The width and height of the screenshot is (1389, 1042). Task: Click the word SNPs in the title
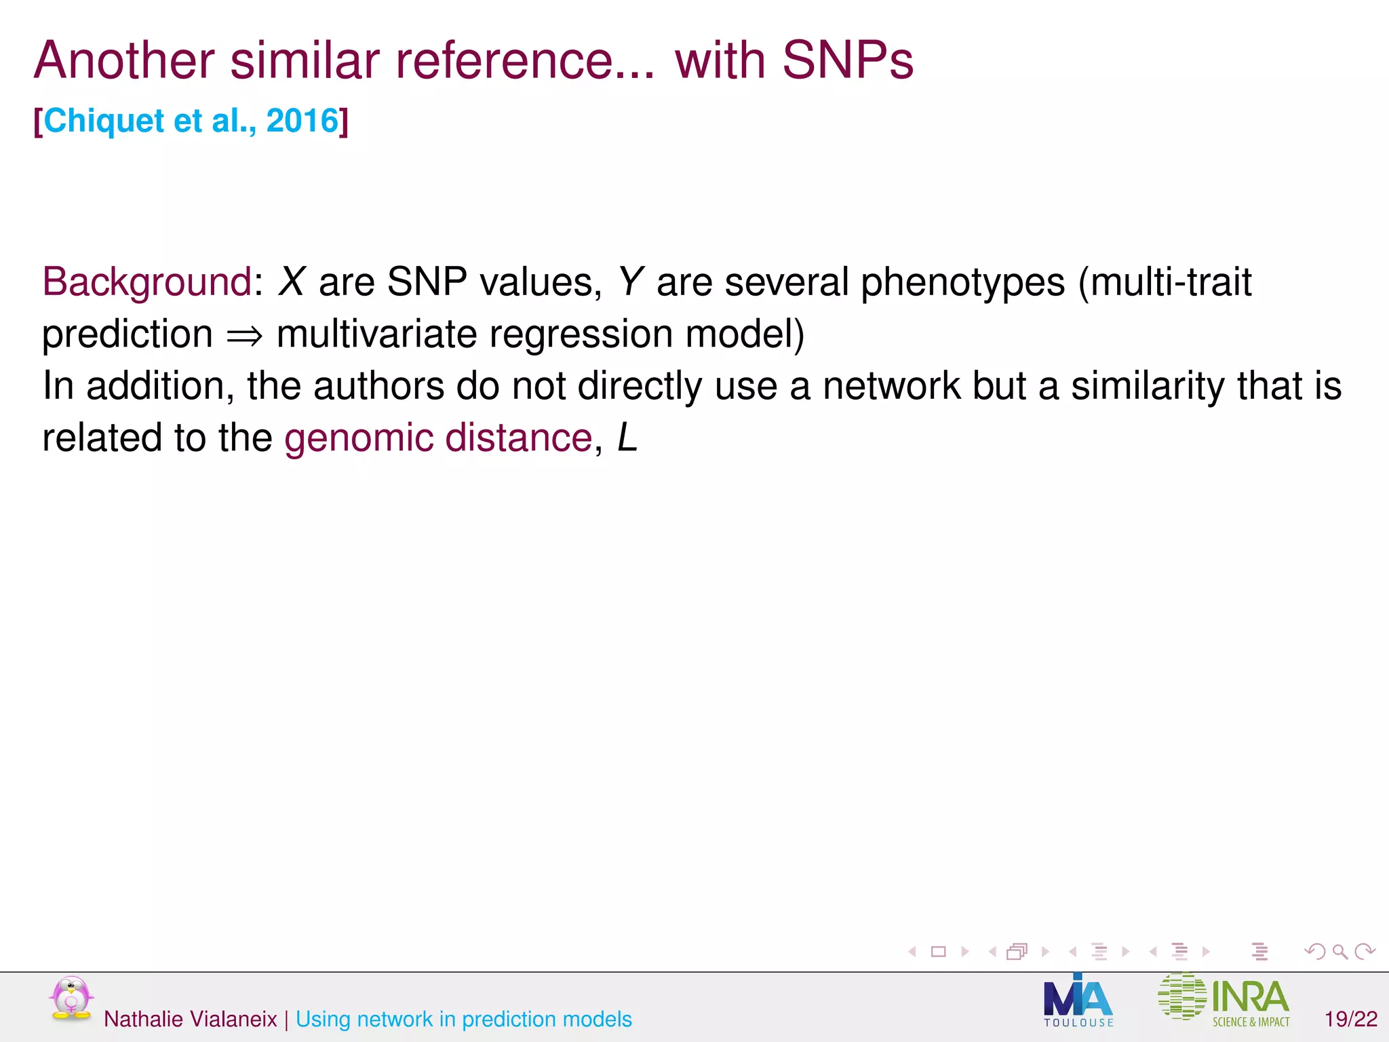point(848,60)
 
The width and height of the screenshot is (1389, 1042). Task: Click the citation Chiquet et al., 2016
point(191,121)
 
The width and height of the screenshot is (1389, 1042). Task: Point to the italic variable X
point(292,282)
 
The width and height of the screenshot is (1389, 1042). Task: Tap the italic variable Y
point(630,282)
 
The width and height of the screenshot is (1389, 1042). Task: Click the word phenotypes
point(962,283)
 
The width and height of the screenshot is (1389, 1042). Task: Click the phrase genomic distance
point(438,438)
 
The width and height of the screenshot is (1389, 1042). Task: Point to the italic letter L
point(627,438)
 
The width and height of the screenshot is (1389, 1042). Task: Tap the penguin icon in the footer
point(71,998)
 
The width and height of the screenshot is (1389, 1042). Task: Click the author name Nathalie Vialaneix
point(190,1019)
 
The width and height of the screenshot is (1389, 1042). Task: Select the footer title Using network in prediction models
point(463,1019)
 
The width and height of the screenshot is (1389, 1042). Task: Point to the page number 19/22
point(1351,1019)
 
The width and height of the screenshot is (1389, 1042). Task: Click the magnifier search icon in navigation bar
point(1339,952)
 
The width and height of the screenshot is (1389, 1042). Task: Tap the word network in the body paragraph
point(891,385)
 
